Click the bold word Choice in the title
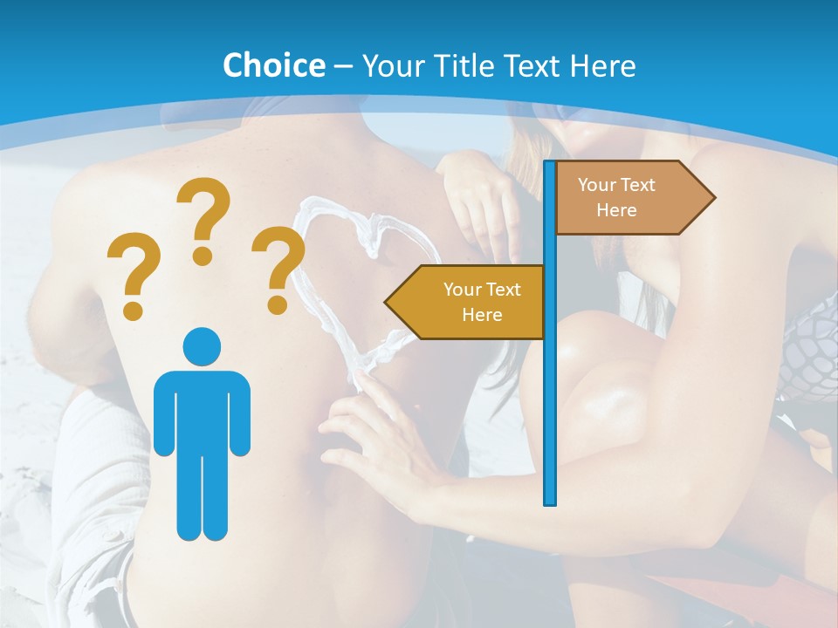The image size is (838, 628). (273, 65)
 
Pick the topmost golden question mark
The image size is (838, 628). (203, 221)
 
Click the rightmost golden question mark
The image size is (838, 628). (278, 270)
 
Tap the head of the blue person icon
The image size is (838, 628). (202, 346)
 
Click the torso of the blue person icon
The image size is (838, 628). (202, 410)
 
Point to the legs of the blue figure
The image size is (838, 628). (202, 497)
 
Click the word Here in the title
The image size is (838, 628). (602, 65)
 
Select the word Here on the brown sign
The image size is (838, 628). (616, 210)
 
